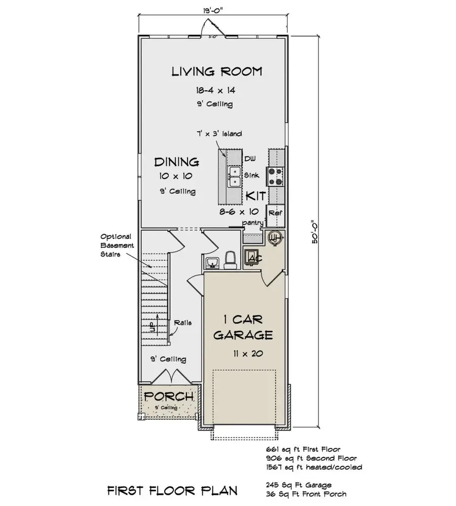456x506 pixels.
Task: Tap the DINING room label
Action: click(x=176, y=162)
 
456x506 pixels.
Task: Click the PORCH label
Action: click(x=168, y=396)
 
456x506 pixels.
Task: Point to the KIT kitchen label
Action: click(x=256, y=196)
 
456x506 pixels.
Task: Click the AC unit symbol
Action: click(x=253, y=258)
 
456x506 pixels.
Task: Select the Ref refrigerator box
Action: click(x=275, y=213)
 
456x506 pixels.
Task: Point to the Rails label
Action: click(x=182, y=322)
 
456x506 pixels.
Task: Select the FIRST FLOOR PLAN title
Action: click(x=172, y=491)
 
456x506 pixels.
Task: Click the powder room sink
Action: click(x=213, y=262)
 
